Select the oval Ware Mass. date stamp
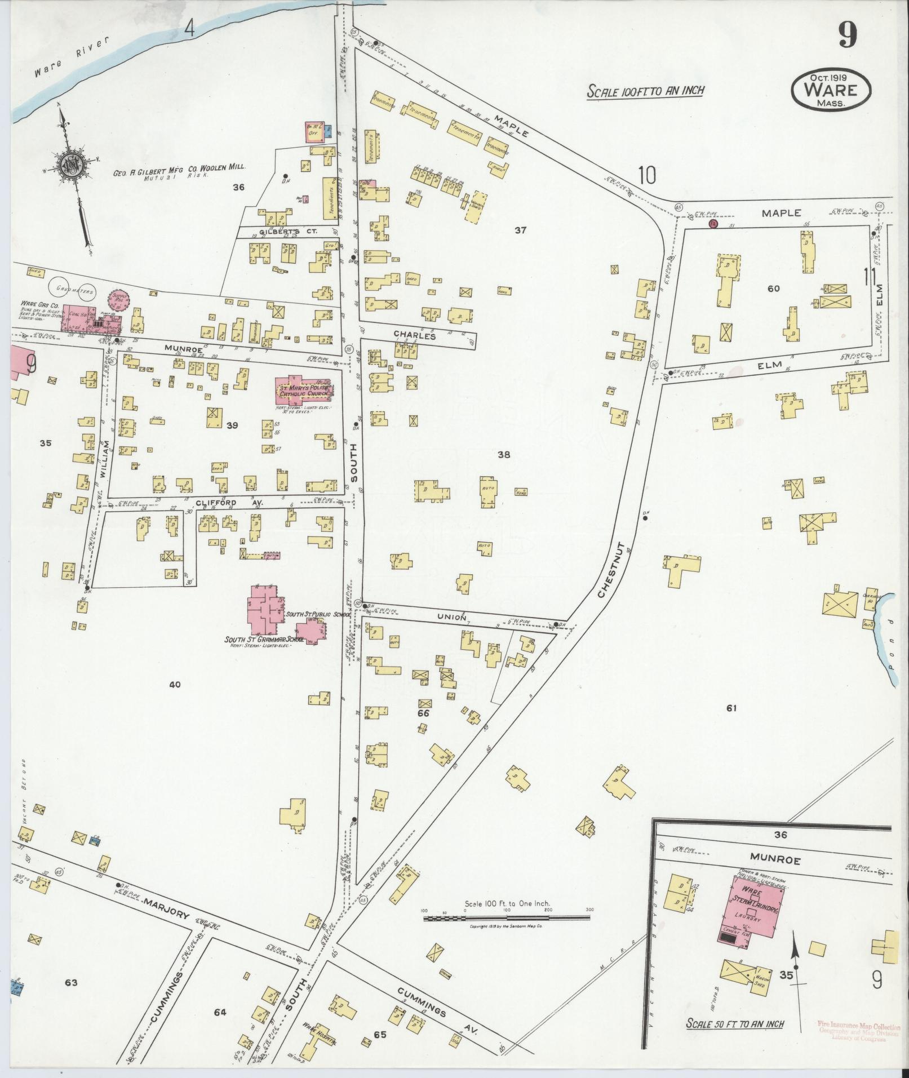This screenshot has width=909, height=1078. (831, 90)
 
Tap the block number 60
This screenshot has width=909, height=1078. (773, 289)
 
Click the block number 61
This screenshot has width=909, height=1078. (731, 708)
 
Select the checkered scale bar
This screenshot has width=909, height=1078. (506, 918)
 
